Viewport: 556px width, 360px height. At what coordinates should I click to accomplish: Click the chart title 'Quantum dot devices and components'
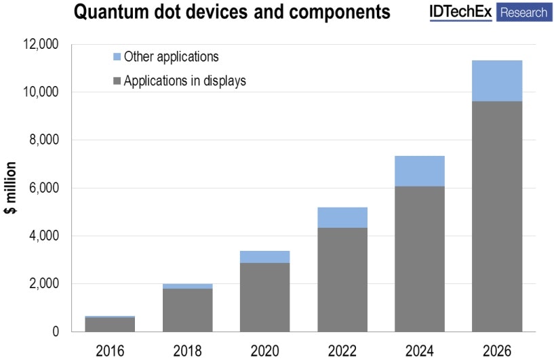click(x=232, y=13)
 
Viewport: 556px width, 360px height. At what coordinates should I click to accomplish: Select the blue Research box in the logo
click(x=523, y=12)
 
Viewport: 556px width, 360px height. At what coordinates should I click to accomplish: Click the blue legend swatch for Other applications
click(x=116, y=57)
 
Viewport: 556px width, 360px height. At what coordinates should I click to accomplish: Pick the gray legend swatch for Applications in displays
click(x=116, y=81)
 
